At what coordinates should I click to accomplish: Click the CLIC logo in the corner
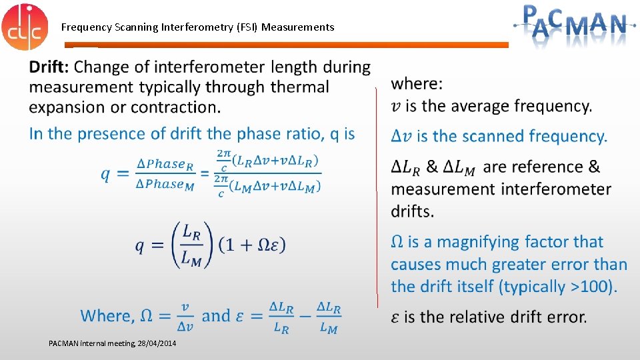click(x=25, y=26)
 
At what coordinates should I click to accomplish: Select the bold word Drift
click(x=48, y=67)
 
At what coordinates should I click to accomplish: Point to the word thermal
click(x=299, y=87)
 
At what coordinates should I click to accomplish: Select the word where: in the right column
click(x=417, y=84)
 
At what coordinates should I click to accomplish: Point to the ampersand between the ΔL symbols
click(x=432, y=167)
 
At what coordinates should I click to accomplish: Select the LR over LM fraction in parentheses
click(x=191, y=245)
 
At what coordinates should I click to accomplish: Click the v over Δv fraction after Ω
click(x=185, y=317)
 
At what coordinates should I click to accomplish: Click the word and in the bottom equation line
click(x=215, y=316)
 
